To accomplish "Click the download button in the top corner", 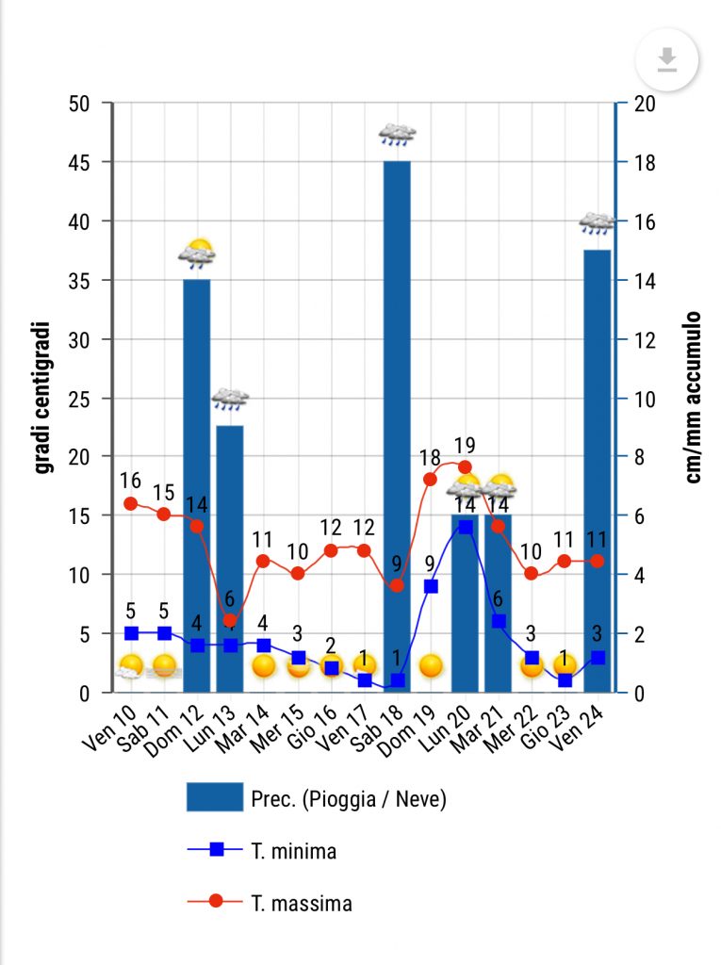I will [x=667, y=61].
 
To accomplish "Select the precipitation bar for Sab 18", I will [x=397, y=424].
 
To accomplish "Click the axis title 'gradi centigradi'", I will [x=41, y=398].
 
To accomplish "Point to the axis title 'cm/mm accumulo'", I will [x=693, y=398].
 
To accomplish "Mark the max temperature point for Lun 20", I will [x=464, y=466].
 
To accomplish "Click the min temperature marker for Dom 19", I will [x=431, y=586].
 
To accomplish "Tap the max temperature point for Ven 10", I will [x=131, y=503].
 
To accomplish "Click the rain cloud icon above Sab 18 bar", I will [x=397, y=134].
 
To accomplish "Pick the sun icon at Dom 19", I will [x=431, y=666].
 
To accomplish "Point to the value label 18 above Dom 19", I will [x=430, y=457].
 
